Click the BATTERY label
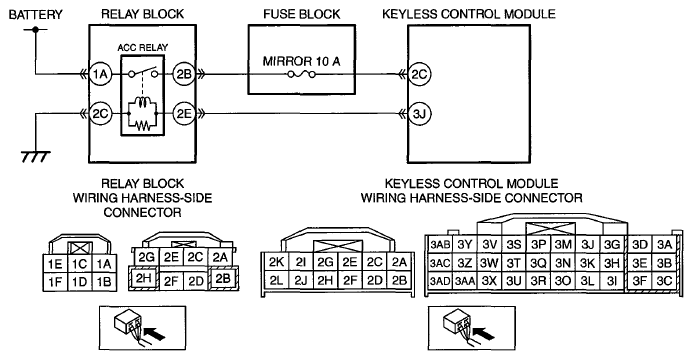[x=36, y=15]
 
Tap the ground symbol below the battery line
[x=35, y=156]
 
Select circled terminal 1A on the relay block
[x=100, y=74]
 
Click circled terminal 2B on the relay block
[x=183, y=74]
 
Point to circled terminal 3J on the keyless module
[x=419, y=114]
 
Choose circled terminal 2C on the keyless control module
[x=419, y=74]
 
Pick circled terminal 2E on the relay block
[x=183, y=114]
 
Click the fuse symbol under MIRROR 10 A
[x=301, y=75]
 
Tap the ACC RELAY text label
[x=142, y=48]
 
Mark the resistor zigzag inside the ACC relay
[x=142, y=125]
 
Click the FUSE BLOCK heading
[x=302, y=14]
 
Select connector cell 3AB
[x=440, y=244]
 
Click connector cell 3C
[x=664, y=280]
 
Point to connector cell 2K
[x=276, y=262]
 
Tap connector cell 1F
[x=55, y=281]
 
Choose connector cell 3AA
[x=465, y=280]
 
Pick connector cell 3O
[x=563, y=280]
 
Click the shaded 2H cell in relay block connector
[x=144, y=278]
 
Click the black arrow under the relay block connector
[x=155, y=333]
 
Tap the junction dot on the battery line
[x=35, y=30]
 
